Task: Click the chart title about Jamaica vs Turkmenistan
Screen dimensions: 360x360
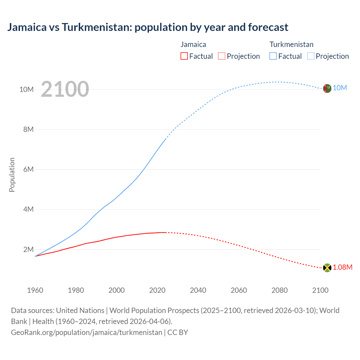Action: click(x=148, y=27)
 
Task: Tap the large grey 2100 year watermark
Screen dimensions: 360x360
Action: click(x=65, y=89)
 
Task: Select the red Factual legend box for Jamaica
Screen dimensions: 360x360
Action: click(x=184, y=56)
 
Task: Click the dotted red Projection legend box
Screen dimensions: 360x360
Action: click(x=222, y=56)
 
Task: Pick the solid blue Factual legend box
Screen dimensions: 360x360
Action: click(x=273, y=56)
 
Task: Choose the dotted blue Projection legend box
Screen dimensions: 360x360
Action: click(x=310, y=56)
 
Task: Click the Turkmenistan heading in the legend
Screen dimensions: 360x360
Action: click(x=291, y=44)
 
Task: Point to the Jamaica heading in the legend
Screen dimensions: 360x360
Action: click(x=193, y=44)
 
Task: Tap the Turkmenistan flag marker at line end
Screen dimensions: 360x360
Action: click(x=327, y=88)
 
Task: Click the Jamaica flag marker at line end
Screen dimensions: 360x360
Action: click(x=327, y=268)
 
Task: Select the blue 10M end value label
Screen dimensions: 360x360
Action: click(x=340, y=88)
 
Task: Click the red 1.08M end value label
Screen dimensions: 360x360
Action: click(x=343, y=267)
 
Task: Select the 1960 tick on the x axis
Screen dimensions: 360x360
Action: click(x=35, y=290)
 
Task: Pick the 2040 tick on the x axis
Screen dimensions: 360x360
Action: click(x=198, y=290)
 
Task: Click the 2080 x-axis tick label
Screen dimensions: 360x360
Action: click(x=280, y=290)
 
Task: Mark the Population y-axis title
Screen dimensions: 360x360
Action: click(x=12, y=175)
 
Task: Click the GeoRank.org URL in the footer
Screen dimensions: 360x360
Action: click(x=87, y=332)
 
